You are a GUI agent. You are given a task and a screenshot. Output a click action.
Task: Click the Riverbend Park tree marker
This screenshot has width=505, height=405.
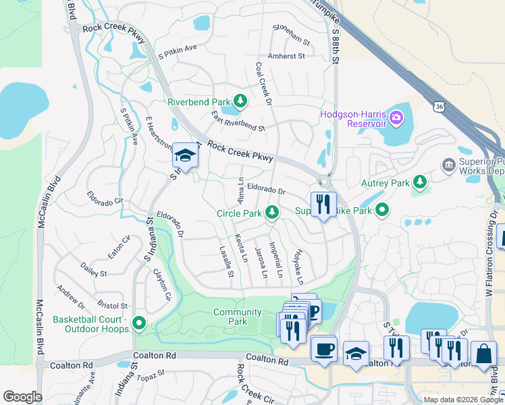coord(240,102)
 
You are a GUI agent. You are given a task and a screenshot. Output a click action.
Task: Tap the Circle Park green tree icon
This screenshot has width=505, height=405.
coord(272,213)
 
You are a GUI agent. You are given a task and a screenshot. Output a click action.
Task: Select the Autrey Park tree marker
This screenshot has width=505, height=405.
coord(420,182)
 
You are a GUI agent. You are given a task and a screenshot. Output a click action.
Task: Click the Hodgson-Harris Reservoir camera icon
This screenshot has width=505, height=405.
coord(396,119)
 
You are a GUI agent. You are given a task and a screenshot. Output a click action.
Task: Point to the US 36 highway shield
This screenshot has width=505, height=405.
coord(440,107)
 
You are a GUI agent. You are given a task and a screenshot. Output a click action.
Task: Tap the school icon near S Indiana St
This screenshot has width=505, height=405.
coord(184,155)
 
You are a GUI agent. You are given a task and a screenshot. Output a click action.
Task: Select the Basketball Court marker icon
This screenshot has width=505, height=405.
coord(139,323)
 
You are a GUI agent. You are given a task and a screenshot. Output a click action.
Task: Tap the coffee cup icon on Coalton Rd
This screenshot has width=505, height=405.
coord(324,348)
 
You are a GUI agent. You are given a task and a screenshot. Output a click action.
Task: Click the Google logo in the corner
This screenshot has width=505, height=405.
coord(22,397)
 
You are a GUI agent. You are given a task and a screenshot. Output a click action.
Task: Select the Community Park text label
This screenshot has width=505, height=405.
coord(237,317)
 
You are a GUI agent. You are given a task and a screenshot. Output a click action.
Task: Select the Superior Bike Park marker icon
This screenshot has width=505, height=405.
coord(382,211)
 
